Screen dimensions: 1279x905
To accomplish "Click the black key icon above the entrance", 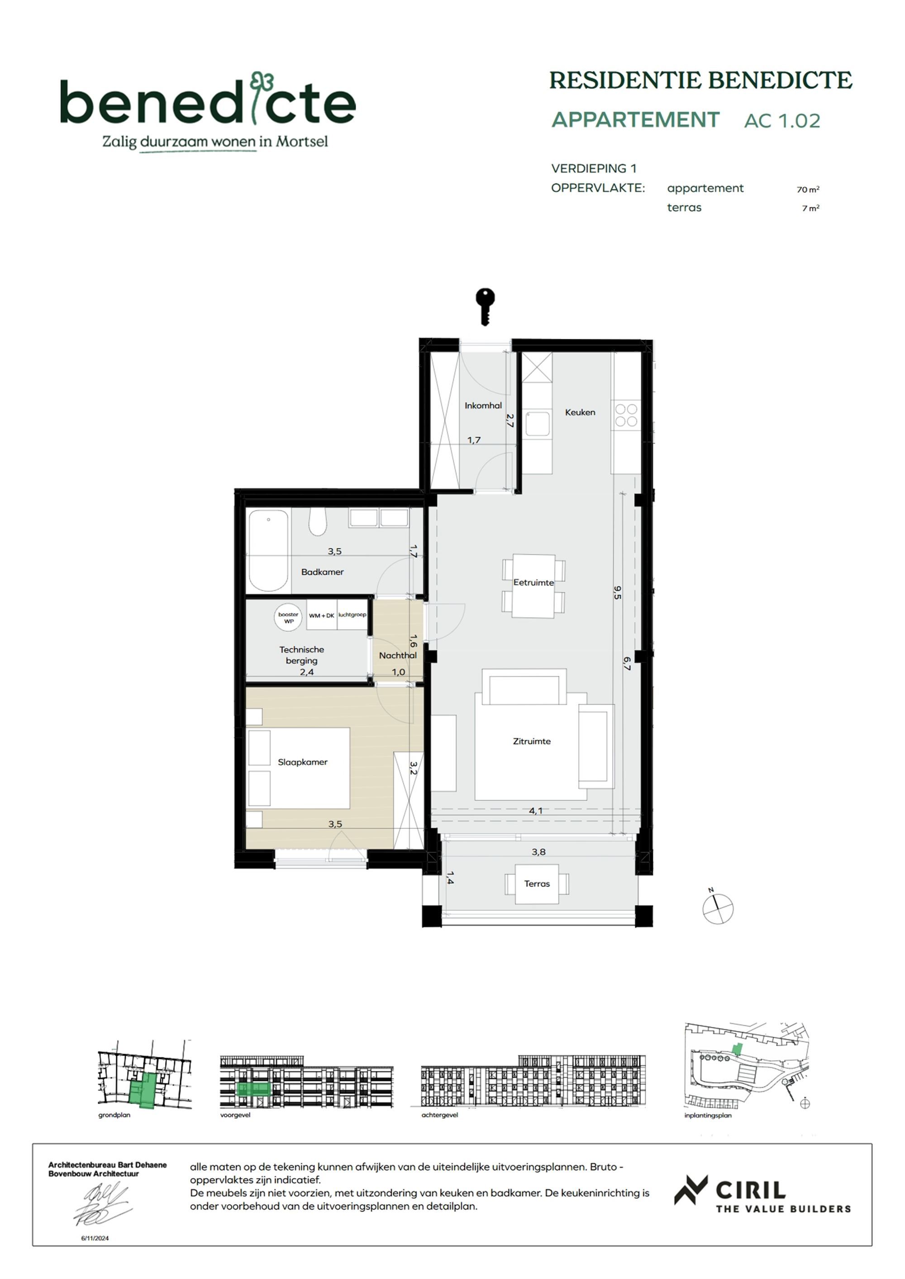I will [x=485, y=306].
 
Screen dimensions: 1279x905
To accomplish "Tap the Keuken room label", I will [x=580, y=412].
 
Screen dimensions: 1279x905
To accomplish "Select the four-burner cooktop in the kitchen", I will [x=626, y=415].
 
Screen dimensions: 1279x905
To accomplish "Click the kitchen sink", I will [x=537, y=423].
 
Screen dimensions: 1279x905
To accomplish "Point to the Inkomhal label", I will [x=483, y=405].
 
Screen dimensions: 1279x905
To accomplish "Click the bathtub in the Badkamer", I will [x=269, y=550].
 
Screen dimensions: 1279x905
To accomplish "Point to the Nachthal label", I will [x=397, y=655].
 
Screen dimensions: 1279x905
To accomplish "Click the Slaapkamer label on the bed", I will [x=303, y=762].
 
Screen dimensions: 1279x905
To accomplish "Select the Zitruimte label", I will [x=532, y=742].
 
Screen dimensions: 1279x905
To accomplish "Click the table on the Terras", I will [x=537, y=884].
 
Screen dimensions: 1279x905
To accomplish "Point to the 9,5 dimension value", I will [x=617, y=592].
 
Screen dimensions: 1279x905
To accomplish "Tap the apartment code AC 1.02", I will [x=782, y=121].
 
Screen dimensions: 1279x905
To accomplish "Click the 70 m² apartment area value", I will [x=807, y=190].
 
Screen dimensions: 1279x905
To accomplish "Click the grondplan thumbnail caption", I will [x=114, y=1115].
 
